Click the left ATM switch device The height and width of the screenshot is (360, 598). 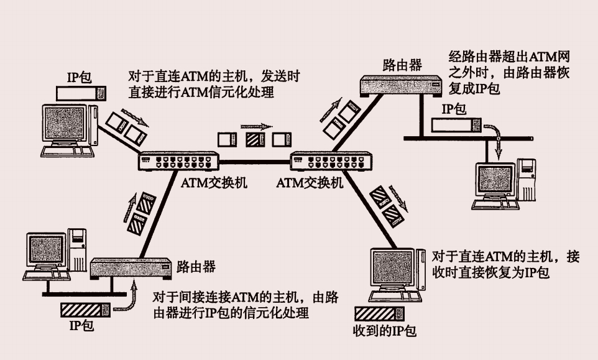coord(177,163)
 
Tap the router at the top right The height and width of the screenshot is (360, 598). coord(401,84)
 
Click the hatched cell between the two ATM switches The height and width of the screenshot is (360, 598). coord(255,139)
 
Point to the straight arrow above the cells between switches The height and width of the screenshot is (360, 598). coord(255,126)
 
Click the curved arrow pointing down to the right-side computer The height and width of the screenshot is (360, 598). coord(494,137)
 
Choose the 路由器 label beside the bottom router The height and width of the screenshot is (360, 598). coord(196,266)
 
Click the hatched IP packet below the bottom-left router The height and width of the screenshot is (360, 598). coord(85,309)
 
